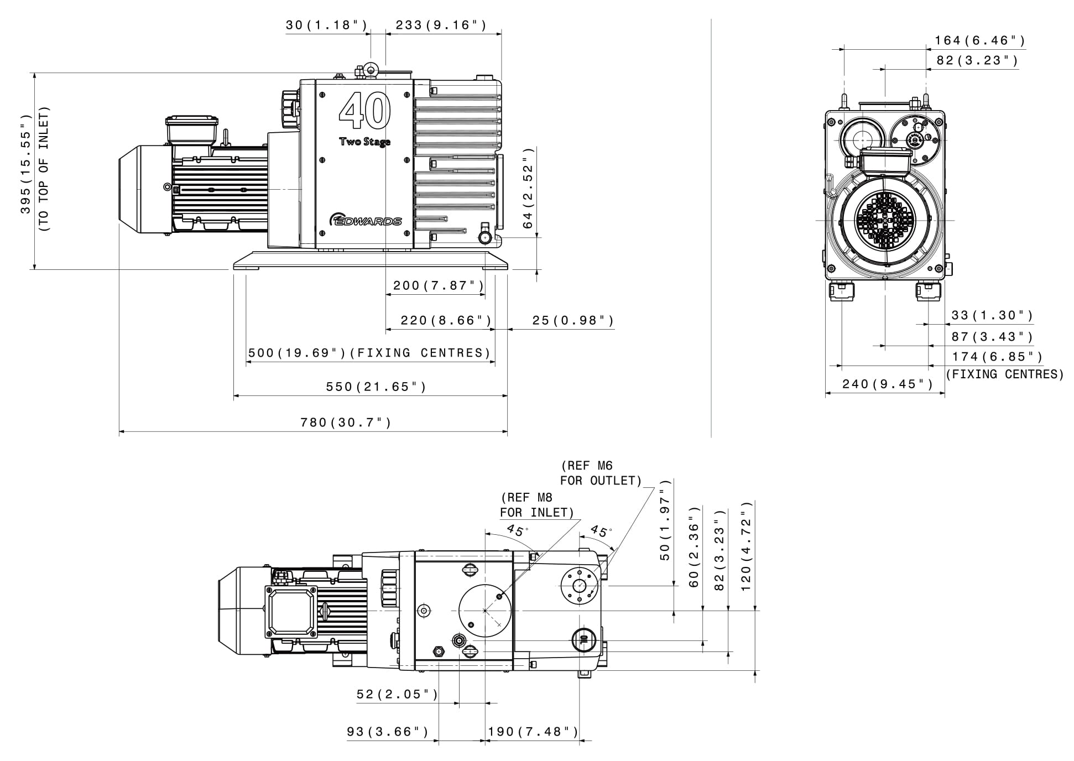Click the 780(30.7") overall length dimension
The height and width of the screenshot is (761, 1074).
pos(346,423)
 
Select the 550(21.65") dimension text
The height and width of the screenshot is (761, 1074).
pos(376,387)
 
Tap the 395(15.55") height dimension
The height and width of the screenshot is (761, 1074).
pos(26,164)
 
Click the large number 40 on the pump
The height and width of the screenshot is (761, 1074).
pos(365,111)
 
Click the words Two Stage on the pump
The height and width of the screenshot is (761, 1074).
pos(364,142)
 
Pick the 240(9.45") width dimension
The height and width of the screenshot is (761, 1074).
pos(887,384)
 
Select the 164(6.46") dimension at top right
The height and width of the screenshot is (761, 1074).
pos(979,40)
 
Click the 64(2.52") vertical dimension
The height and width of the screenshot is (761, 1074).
pos(528,188)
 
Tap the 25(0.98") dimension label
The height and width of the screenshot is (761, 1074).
pos(573,321)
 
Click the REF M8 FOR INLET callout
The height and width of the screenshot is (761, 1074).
pos(536,505)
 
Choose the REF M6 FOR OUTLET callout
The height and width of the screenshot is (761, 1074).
pos(601,473)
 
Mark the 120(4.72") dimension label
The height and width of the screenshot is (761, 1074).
pos(746,546)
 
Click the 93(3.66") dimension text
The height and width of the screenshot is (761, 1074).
pos(388,732)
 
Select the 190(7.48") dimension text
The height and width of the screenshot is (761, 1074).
pos(533,732)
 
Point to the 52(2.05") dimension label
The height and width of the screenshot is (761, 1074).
pos(397,694)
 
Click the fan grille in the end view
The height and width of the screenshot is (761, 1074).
pos(885,220)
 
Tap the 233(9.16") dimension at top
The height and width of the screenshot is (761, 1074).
pos(441,25)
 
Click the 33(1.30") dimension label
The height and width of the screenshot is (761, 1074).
pos(992,315)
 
